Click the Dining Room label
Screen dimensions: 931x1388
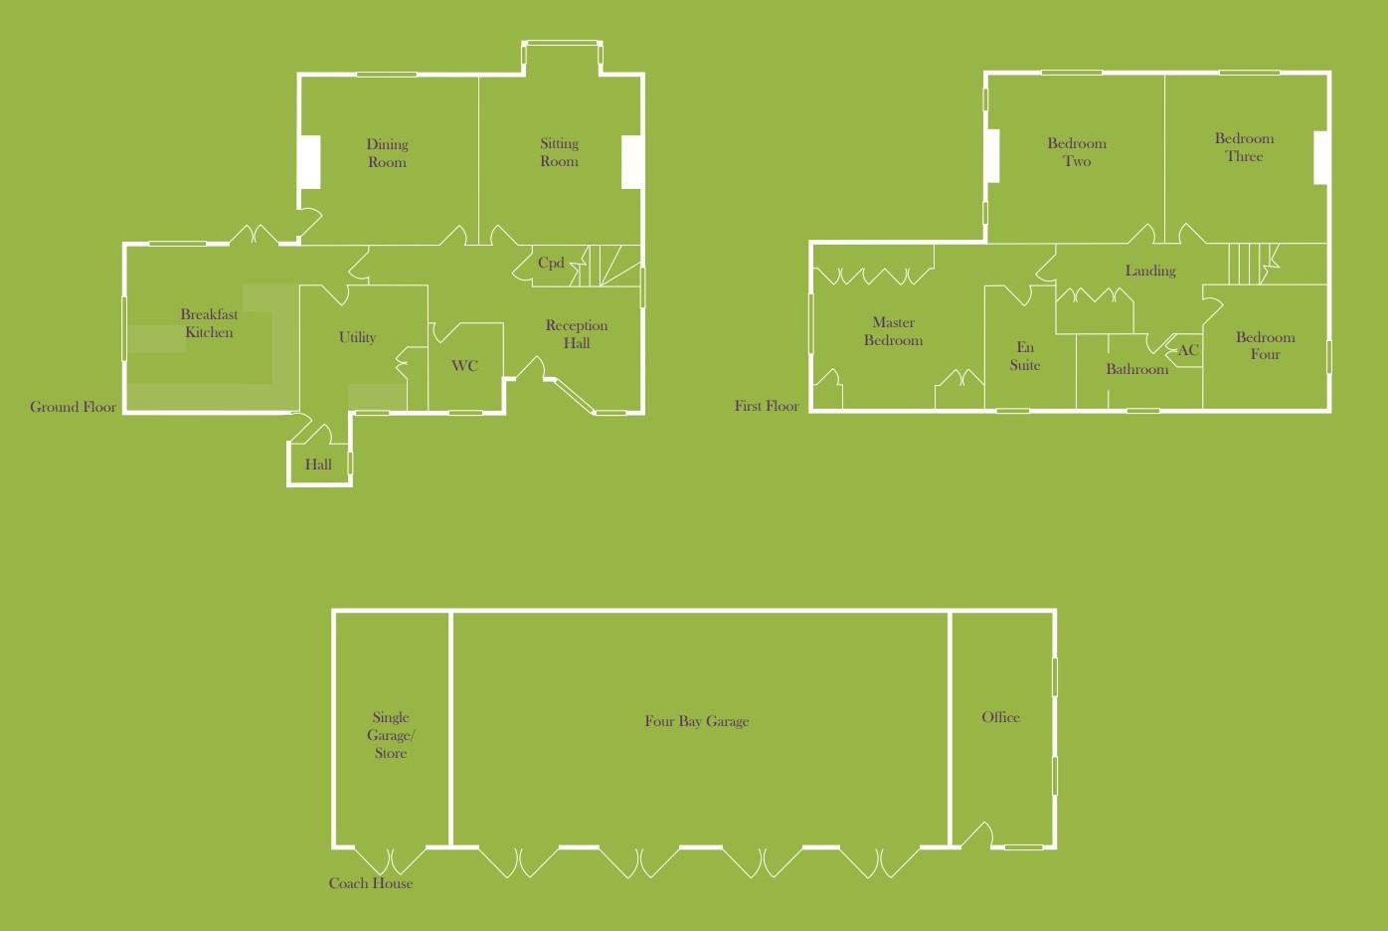pos(387,153)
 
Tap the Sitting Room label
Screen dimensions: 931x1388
pos(559,152)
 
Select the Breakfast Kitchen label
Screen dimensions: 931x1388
pos(209,323)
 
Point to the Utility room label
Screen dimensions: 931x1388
pos(357,337)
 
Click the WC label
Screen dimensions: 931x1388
pos(464,366)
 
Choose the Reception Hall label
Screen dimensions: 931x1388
pos(577,334)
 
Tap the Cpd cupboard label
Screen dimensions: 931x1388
pos(551,264)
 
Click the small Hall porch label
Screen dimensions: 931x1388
pos(318,465)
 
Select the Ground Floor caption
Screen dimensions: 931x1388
pos(73,407)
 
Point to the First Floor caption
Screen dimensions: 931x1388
pos(767,406)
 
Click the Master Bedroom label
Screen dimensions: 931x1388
pos(893,331)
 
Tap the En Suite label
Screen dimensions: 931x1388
pos(1025,356)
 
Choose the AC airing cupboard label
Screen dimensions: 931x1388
pos(1188,350)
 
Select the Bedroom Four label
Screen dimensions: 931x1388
pos(1265,345)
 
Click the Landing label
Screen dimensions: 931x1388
pos(1150,271)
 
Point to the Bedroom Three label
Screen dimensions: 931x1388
pos(1244,147)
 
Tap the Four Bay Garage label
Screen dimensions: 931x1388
pos(696,721)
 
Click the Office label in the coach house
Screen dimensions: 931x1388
pos(1000,717)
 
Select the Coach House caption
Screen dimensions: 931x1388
pos(370,883)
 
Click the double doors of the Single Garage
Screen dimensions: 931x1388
pos(391,858)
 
